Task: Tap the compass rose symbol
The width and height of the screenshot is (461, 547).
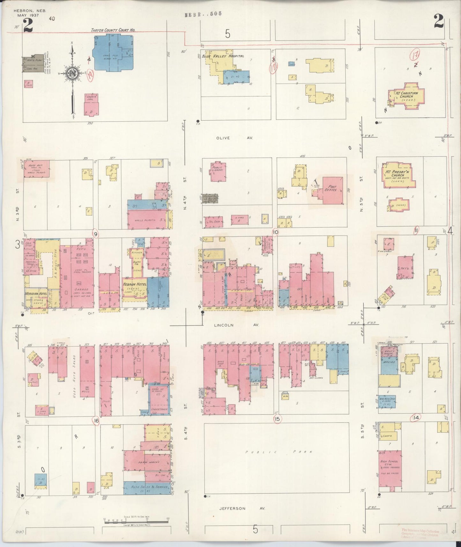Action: pyautogui.click(x=73, y=74)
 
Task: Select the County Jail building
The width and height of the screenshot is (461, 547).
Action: pyautogui.click(x=92, y=104)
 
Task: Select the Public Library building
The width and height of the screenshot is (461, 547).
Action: pyautogui.click(x=218, y=171)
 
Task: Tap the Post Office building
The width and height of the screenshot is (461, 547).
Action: pyautogui.click(x=333, y=191)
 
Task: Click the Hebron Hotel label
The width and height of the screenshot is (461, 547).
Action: pyautogui.click(x=135, y=284)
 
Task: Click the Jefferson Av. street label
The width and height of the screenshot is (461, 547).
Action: pyautogui.click(x=242, y=508)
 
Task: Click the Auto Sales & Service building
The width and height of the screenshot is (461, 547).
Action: pyautogui.click(x=147, y=488)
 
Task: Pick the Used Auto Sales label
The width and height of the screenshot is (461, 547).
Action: pyautogui.click(x=74, y=371)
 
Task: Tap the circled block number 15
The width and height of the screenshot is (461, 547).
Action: pyautogui.click(x=277, y=419)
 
